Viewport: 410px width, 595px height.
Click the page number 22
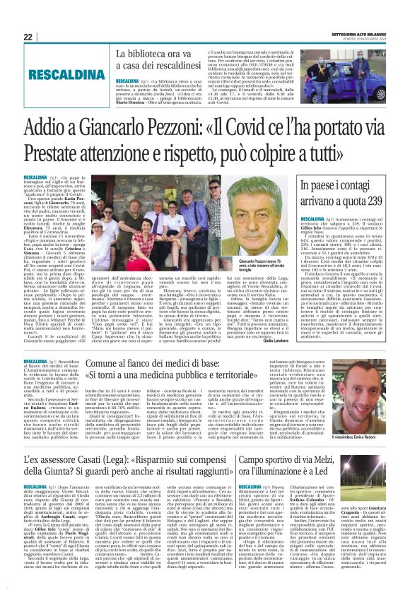point(28,37)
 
